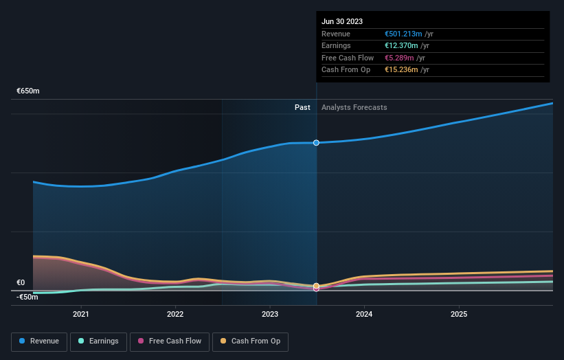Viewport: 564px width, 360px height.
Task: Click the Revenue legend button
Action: [x=39, y=341]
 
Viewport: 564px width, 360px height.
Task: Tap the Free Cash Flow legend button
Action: [x=170, y=341]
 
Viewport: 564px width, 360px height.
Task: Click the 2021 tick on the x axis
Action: [x=81, y=314]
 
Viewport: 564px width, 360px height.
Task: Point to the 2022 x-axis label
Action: [x=175, y=314]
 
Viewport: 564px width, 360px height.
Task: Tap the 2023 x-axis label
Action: [x=270, y=314]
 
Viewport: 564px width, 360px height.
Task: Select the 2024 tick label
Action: [x=364, y=314]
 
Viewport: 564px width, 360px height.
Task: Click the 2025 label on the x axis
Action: [x=459, y=314]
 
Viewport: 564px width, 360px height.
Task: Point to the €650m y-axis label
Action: [x=28, y=91]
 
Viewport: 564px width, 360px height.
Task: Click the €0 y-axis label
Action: [x=21, y=282]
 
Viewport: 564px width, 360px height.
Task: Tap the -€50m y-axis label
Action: [x=28, y=297]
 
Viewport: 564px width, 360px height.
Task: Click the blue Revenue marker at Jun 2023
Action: [x=316, y=143]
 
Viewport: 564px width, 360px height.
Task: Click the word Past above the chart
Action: [x=302, y=107]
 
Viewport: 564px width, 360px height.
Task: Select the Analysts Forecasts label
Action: [x=354, y=107]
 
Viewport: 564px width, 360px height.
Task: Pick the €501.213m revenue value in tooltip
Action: [x=403, y=34]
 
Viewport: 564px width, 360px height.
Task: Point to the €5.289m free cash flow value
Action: [x=399, y=58]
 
